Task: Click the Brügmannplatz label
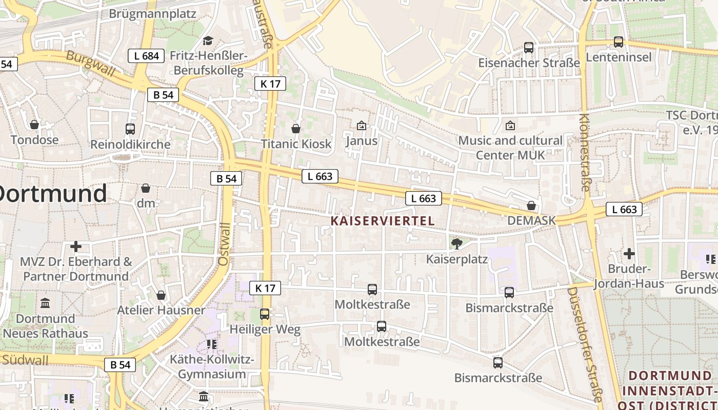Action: pos(152,13)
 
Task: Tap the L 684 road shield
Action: pos(146,56)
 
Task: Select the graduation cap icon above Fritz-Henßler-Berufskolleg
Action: pos(208,40)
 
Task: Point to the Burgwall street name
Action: pos(91,64)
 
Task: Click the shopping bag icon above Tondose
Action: pos(34,125)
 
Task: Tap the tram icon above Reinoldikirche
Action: pos(130,129)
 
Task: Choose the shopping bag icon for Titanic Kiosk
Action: pos(296,128)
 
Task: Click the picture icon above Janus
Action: pos(362,125)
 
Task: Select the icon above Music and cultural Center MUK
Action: pos(510,125)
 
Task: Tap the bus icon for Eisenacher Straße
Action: pos(529,48)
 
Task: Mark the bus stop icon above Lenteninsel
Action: pos(619,42)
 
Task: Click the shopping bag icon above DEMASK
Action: pos(531,206)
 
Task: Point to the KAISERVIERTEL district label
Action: pos(383,221)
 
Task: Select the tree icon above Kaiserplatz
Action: pos(456,243)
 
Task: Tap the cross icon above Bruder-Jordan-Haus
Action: pos(629,253)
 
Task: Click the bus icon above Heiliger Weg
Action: pos(265,314)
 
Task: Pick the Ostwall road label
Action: pos(224,243)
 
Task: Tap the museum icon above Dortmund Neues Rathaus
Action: pos(45,303)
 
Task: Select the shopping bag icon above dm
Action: pos(146,188)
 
